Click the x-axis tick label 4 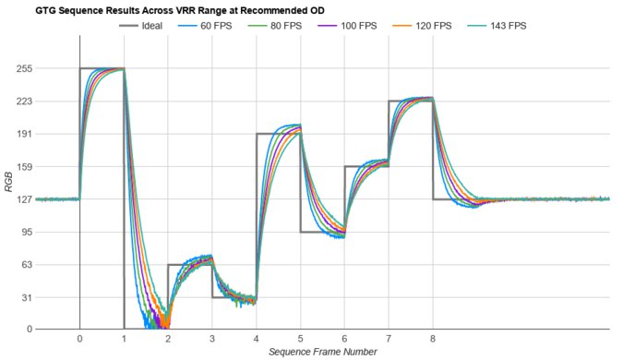257,340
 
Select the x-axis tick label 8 433,340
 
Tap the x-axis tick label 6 344,340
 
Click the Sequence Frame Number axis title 322,352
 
